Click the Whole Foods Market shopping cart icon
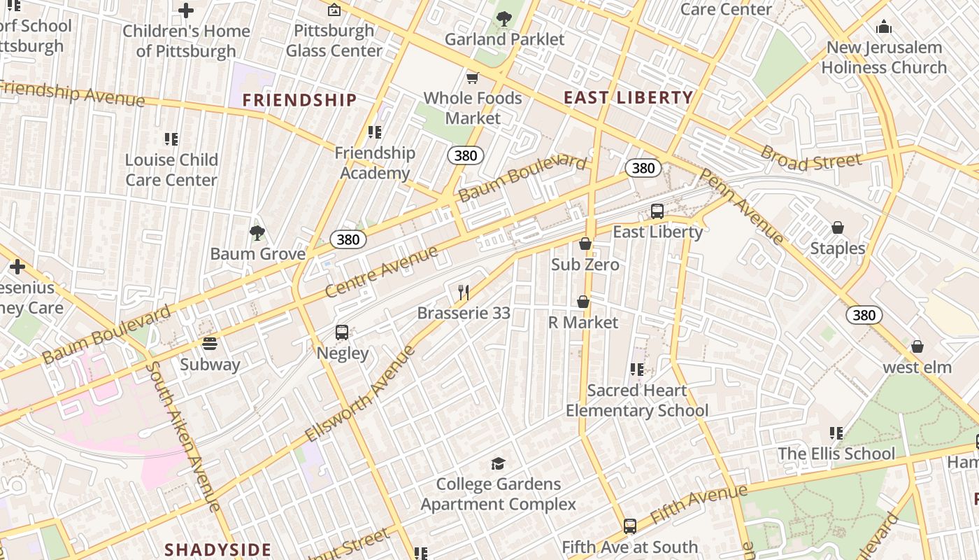473,78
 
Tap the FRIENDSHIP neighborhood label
299,100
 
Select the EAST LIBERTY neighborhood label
628,98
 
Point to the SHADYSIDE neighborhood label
217,549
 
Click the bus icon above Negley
342,332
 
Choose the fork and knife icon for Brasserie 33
463,293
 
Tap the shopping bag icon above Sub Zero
585,244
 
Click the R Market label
583,323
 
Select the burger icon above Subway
209,344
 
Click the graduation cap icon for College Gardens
498,463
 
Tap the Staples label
838,248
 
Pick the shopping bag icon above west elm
917,346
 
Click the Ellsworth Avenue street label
361,393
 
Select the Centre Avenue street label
382,271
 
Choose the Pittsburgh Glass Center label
334,41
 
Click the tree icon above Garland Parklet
503,19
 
